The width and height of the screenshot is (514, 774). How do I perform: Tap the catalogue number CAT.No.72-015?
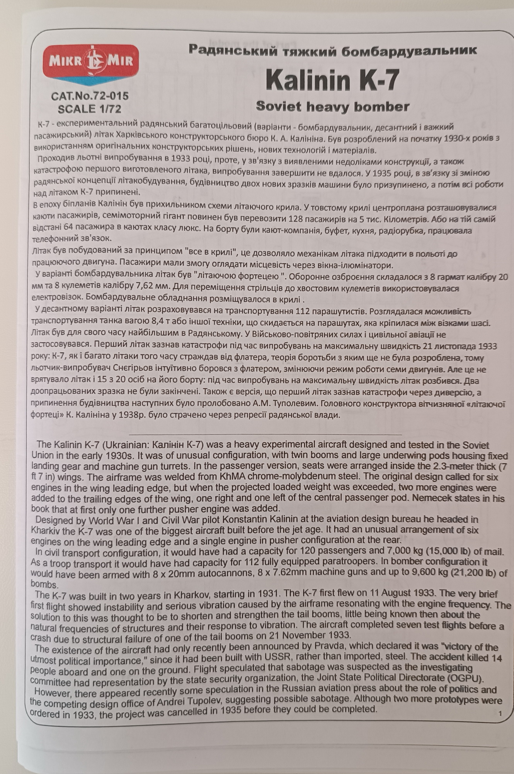pyautogui.click(x=90, y=96)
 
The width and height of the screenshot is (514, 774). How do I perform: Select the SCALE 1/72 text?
pyautogui.click(x=89, y=109)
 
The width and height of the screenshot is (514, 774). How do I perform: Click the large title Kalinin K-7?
pyautogui.click(x=332, y=80)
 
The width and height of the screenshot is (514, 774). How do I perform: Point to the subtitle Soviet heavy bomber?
pyautogui.click(x=332, y=106)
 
